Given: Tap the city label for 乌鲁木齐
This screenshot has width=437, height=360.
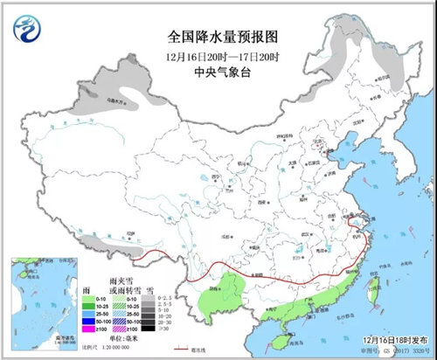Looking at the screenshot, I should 109,102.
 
